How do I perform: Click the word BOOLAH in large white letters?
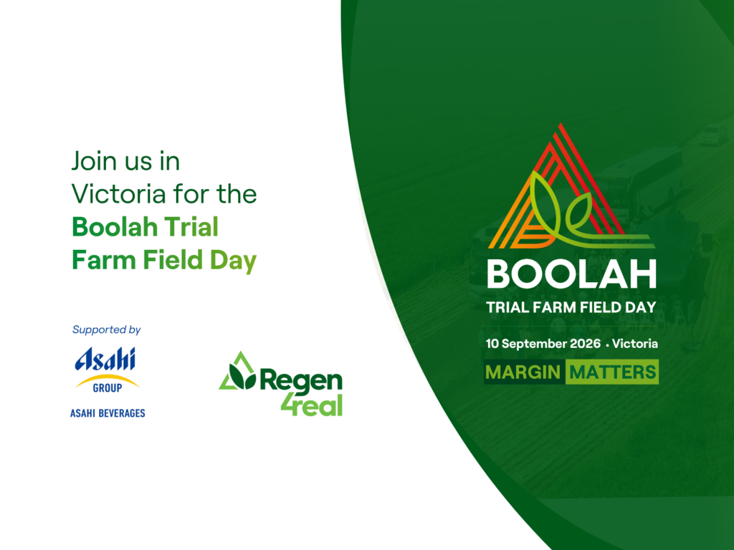coord(571,274)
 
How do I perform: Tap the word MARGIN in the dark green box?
coord(523,372)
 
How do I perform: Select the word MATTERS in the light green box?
coord(612,372)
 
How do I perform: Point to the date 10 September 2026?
coord(543,344)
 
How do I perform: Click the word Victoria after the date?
coord(635,344)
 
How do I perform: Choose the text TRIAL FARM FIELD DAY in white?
coord(571,307)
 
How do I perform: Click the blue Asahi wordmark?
coord(105,360)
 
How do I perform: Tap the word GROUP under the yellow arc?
coord(108,387)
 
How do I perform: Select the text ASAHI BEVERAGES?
coord(108,413)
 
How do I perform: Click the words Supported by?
coord(106,329)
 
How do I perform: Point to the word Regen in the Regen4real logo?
coord(301,381)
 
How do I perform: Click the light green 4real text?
coord(312,405)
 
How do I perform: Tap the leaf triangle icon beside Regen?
coord(238,372)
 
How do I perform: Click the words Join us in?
coord(125,161)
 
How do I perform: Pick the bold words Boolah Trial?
coord(145,227)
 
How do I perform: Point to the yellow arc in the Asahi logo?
coord(108,378)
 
